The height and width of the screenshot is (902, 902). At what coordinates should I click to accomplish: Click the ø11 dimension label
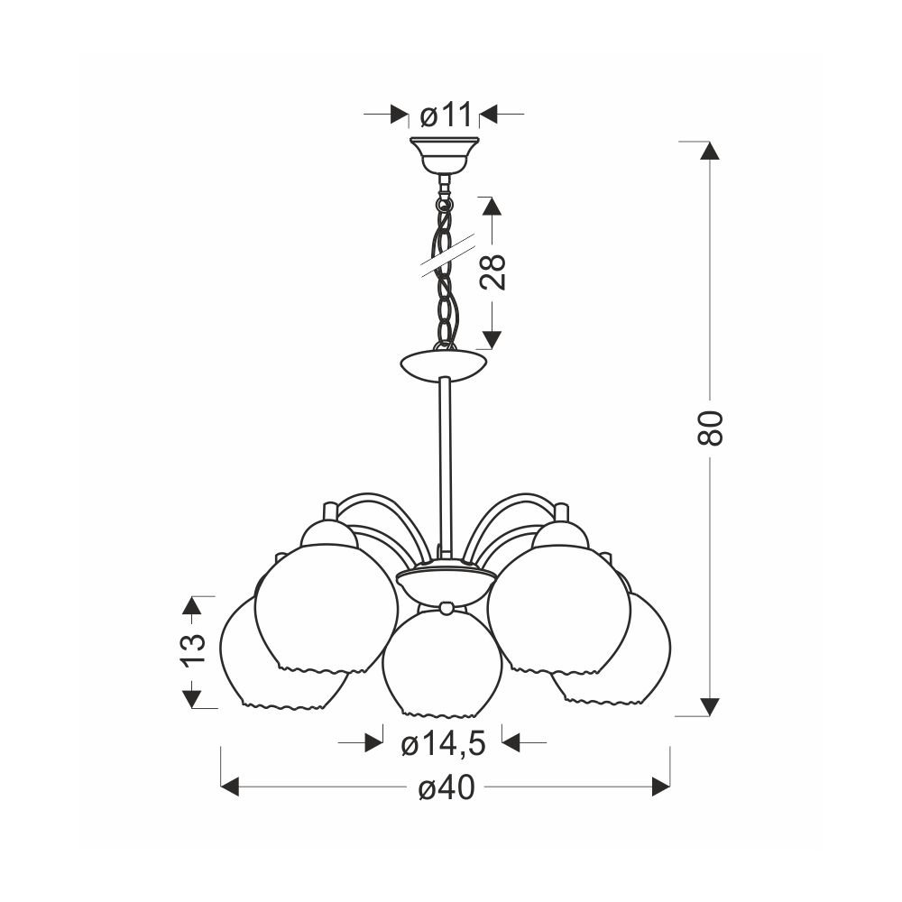click(446, 115)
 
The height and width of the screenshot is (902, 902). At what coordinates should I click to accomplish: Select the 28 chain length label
click(493, 272)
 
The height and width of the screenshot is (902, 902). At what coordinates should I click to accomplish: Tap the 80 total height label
click(710, 428)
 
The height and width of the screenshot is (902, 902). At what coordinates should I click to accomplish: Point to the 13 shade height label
click(193, 650)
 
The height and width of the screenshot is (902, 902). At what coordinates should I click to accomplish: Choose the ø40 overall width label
click(446, 787)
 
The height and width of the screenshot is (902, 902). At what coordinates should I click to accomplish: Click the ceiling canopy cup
click(444, 155)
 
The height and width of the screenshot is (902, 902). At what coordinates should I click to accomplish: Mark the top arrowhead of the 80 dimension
click(711, 150)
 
